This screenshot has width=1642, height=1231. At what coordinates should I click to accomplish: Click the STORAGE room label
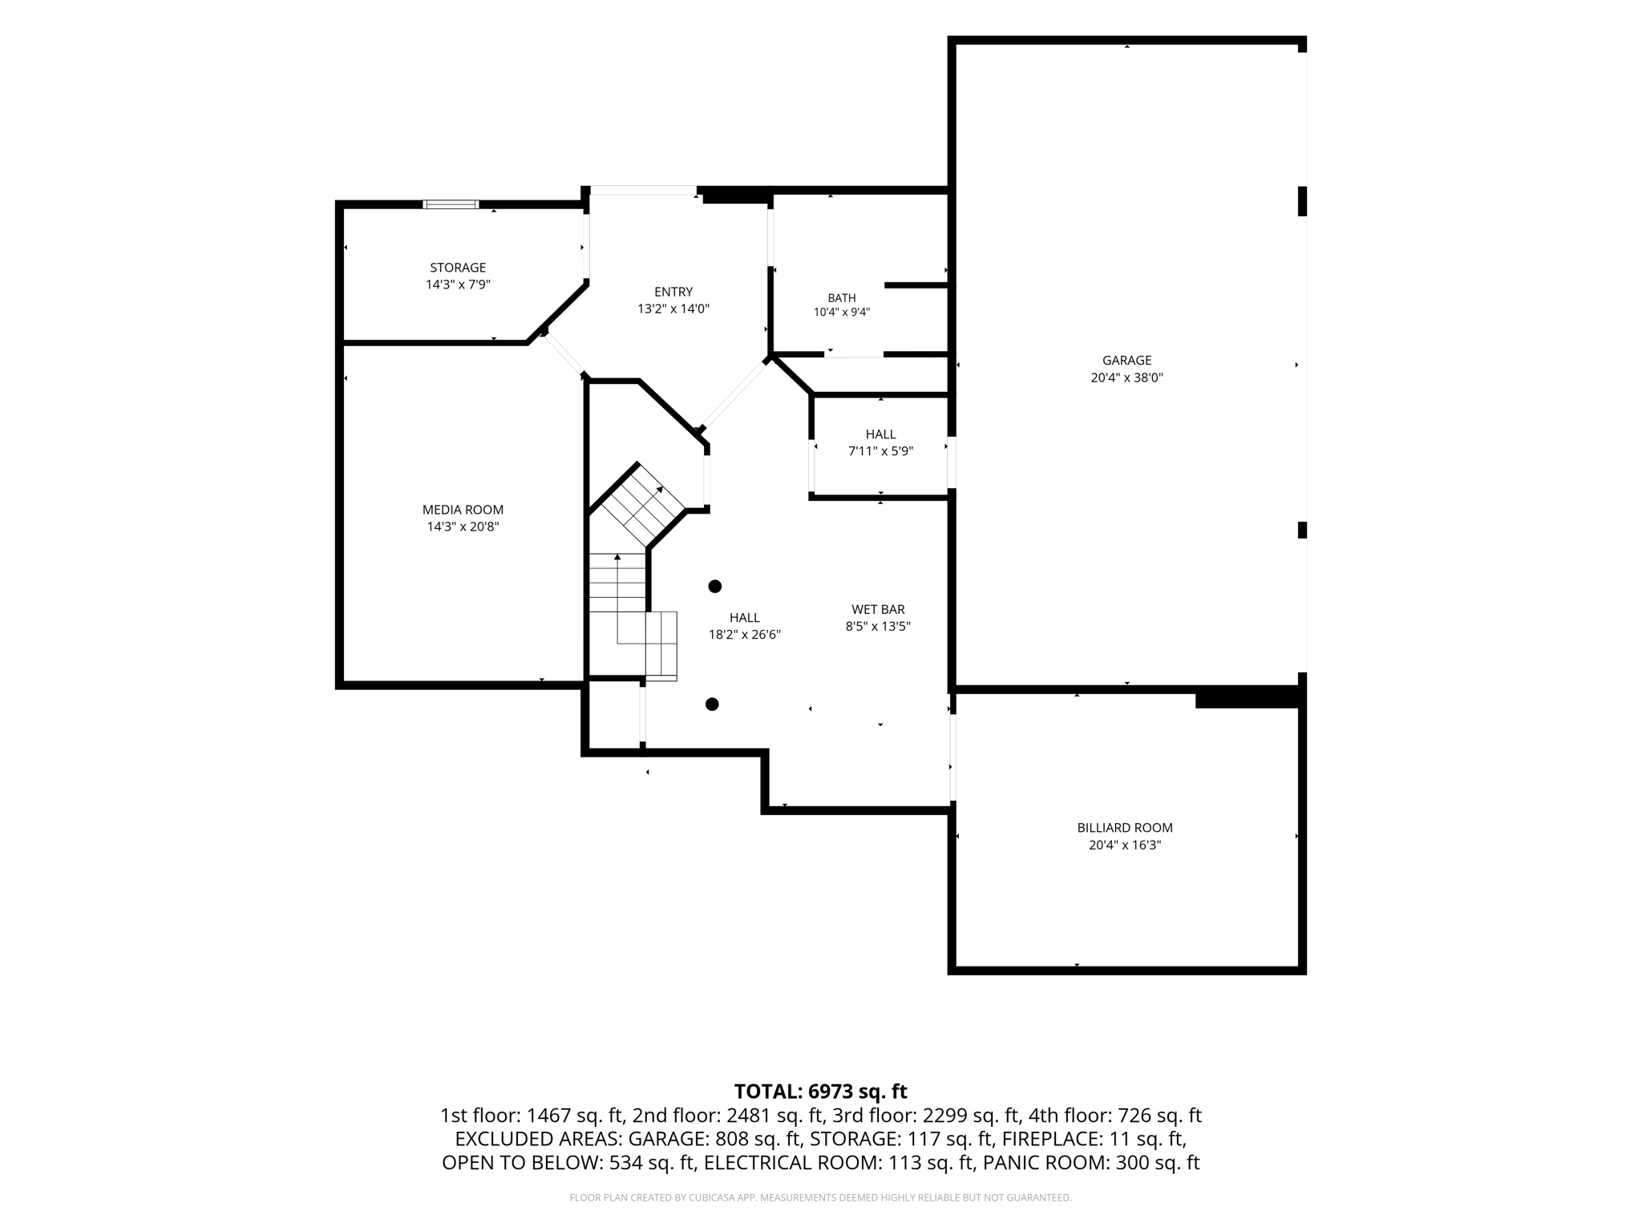(x=458, y=268)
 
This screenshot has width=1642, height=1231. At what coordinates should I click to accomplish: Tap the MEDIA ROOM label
(x=463, y=510)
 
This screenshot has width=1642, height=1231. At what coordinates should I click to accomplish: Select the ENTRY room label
(x=673, y=292)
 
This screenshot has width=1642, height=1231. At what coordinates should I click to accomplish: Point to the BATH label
(x=842, y=298)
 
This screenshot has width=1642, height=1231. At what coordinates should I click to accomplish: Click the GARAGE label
(x=1126, y=361)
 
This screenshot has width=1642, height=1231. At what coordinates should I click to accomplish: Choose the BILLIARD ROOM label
(x=1125, y=828)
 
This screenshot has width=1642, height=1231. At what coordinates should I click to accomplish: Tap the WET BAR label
(x=878, y=610)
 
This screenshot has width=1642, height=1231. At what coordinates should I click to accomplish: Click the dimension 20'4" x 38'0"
(x=1126, y=377)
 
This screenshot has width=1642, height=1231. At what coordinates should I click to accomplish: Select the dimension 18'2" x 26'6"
(x=745, y=635)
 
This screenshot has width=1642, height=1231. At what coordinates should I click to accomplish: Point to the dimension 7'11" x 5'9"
(x=880, y=451)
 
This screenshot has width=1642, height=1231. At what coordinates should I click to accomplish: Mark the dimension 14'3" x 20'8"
(x=463, y=527)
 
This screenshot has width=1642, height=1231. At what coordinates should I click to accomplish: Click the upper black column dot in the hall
(x=715, y=587)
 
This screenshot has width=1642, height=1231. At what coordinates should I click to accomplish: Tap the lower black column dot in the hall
(x=712, y=704)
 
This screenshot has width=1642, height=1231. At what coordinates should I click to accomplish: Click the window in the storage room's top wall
(x=451, y=204)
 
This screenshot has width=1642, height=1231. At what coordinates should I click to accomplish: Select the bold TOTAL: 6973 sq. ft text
(x=821, y=1092)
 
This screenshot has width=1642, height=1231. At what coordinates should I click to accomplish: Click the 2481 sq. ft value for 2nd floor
(x=775, y=1116)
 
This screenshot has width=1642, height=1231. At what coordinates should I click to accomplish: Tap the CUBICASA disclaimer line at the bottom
(x=820, y=1198)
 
